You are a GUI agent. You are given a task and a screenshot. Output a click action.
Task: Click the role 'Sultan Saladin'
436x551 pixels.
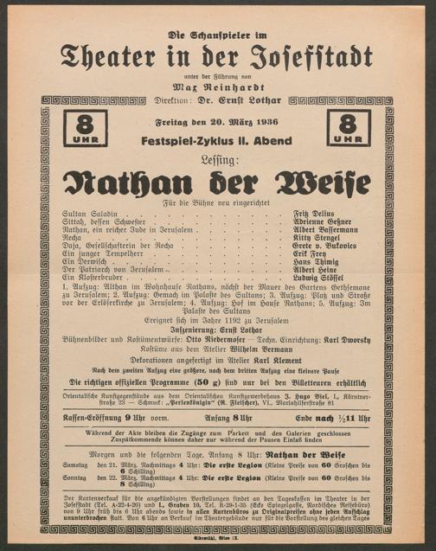coord(89,211)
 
